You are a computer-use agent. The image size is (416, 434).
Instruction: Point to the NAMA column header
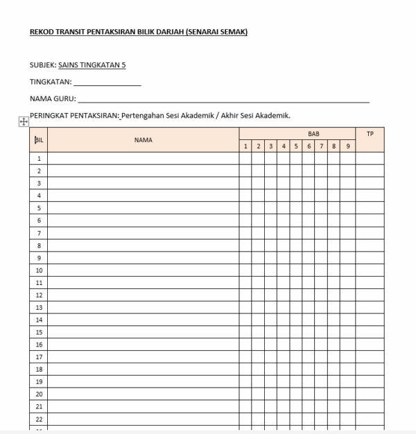pyautogui.click(x=144, y=139)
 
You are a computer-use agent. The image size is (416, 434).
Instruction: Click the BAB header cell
pyautogui.click(x=297, y=133)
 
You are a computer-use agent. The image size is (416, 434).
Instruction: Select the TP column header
pyautogui.click(x=370, y=133)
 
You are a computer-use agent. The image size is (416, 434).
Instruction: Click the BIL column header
pyautogui.click(x=39, y=139)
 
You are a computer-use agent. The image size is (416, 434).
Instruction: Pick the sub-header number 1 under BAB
pyautogui.click(x=245, y=146)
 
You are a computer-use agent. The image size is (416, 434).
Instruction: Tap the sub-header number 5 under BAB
pyautogui.click(x=295, y=146)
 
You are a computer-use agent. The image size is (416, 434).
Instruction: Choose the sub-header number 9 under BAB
pyautogui.click(x=347, y=146)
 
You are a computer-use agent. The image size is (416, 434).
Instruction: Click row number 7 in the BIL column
pyautogui.click(x=39, y=233)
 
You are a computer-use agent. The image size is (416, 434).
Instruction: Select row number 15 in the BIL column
pyautogui.click(x=39, y=332)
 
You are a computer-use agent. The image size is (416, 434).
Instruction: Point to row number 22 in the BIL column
pyautogui.click(x=39, y=419)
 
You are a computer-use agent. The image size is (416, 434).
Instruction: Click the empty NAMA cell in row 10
pyautogui.click(x=144, y=270)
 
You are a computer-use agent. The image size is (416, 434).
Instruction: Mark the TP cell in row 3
pyautogui.click(x=370, y=183)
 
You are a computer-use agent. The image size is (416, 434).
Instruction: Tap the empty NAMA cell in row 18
pyautogui.click(x=144, y=370)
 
